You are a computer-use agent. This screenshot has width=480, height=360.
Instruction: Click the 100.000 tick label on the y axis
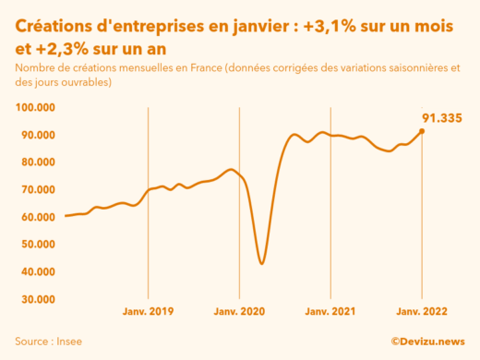(35, 108)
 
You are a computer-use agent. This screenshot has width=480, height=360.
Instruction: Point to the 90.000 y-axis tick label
(36, 135)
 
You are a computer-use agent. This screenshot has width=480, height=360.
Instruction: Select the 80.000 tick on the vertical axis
(36, 162)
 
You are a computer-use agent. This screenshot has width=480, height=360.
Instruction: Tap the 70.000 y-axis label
(36, 190)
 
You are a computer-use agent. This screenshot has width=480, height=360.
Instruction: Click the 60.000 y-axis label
(36, 217)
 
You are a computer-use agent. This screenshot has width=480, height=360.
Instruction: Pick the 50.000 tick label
(36, 245)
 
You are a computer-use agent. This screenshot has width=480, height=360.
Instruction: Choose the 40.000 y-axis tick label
(36, 272)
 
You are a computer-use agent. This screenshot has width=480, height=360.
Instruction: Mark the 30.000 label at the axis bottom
(36, 299)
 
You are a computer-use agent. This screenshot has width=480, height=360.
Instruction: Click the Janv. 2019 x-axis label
(149, 312)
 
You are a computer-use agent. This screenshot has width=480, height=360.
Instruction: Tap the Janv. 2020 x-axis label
(240, 312)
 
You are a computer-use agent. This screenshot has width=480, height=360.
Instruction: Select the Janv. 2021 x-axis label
(330, 312)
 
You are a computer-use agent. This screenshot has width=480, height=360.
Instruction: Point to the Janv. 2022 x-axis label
(422, 312)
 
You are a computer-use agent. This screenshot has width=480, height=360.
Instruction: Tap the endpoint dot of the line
(422, 131)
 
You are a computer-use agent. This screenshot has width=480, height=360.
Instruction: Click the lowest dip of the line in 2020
(262, 264)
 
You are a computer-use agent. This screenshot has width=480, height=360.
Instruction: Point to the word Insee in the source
(68, 341)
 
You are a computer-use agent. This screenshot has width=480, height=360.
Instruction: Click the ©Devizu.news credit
(427, 341)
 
